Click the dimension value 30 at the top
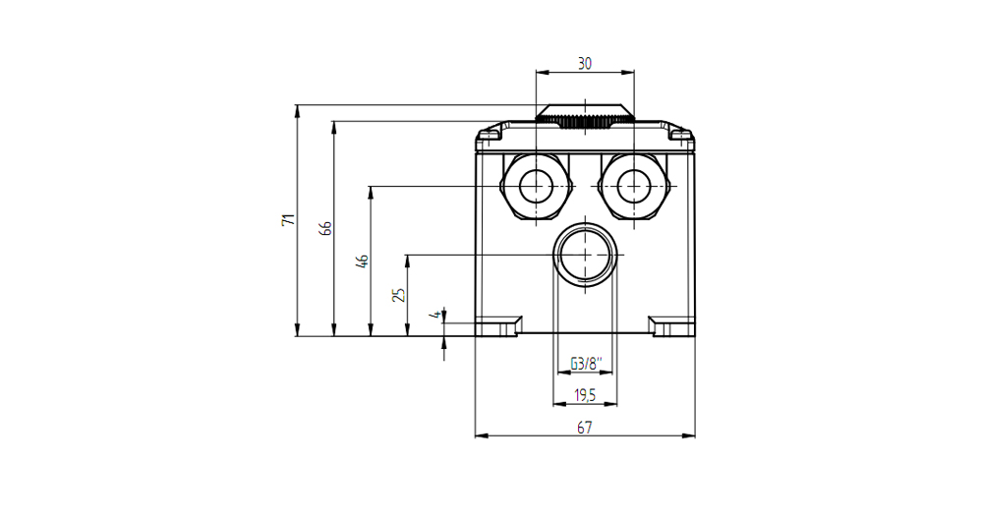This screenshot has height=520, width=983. click(584, 63)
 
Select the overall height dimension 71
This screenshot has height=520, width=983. click(288, 220)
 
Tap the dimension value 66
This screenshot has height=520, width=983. click(324, 228)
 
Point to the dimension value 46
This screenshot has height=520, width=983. click(362, 260)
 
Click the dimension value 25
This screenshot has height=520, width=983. click(399, 294)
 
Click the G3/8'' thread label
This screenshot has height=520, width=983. click(586, 363)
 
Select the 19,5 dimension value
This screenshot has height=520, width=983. click(585, 395)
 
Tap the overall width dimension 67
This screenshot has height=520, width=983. click(584, 428)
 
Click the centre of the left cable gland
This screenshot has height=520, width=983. click(537, 187)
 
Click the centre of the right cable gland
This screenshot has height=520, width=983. click(634, 187)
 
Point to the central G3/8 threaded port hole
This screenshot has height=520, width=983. click(585, 255)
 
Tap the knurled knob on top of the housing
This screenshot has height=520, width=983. click(585, 117)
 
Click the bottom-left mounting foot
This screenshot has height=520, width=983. click(499, 326)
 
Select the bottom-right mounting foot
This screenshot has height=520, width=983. click(671, 326)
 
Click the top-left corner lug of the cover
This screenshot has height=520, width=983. click(490, 134)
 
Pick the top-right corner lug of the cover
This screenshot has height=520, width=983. click(680, 134)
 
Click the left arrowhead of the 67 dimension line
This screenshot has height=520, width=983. click(481, 435)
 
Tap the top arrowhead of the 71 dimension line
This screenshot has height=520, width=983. click(297, 110)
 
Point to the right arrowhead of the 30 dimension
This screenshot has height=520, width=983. click(628, 72)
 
